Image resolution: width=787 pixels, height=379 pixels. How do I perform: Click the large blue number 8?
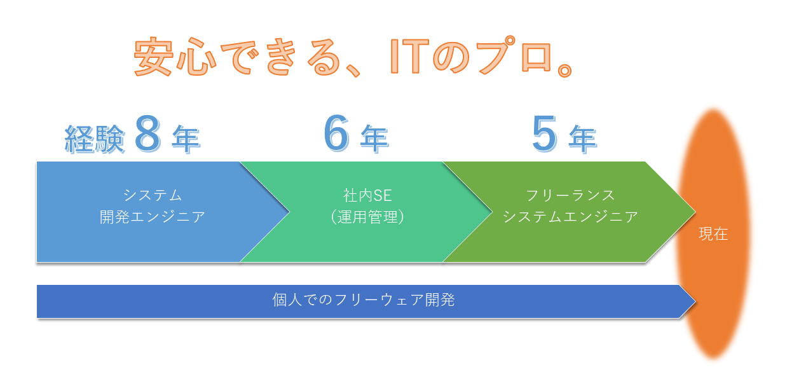point(148,134)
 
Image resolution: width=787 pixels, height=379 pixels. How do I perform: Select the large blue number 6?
point(336,133)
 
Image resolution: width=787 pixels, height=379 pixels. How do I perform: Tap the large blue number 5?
point(545,134)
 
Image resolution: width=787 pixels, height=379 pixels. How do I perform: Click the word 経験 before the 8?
point(95,139)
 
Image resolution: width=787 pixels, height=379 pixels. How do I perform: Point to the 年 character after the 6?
point(374,139)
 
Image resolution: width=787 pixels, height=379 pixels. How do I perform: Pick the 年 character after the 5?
point(583,139)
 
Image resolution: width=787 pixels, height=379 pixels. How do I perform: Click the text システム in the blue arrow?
point(153,195)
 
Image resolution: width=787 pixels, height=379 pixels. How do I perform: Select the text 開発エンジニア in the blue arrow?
point(153,217)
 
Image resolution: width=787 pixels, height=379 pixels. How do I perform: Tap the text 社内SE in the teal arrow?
point(367,195)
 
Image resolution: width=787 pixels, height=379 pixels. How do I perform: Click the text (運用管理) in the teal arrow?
point(367,217)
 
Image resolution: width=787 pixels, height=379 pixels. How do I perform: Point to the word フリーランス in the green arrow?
point(570,195)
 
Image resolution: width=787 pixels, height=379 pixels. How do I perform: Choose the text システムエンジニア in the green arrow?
point(570,217)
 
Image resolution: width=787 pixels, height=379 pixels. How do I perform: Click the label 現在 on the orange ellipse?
point(713,234)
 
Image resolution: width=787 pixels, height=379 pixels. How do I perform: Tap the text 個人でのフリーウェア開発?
point(364,300)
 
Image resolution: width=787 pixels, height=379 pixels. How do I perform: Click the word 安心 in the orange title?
point(175,56)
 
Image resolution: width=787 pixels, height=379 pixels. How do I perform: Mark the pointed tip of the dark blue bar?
point(695,301)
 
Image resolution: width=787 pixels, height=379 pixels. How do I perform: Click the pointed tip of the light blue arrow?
point(289,212)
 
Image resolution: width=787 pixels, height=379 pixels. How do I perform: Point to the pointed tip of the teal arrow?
point(492,212)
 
